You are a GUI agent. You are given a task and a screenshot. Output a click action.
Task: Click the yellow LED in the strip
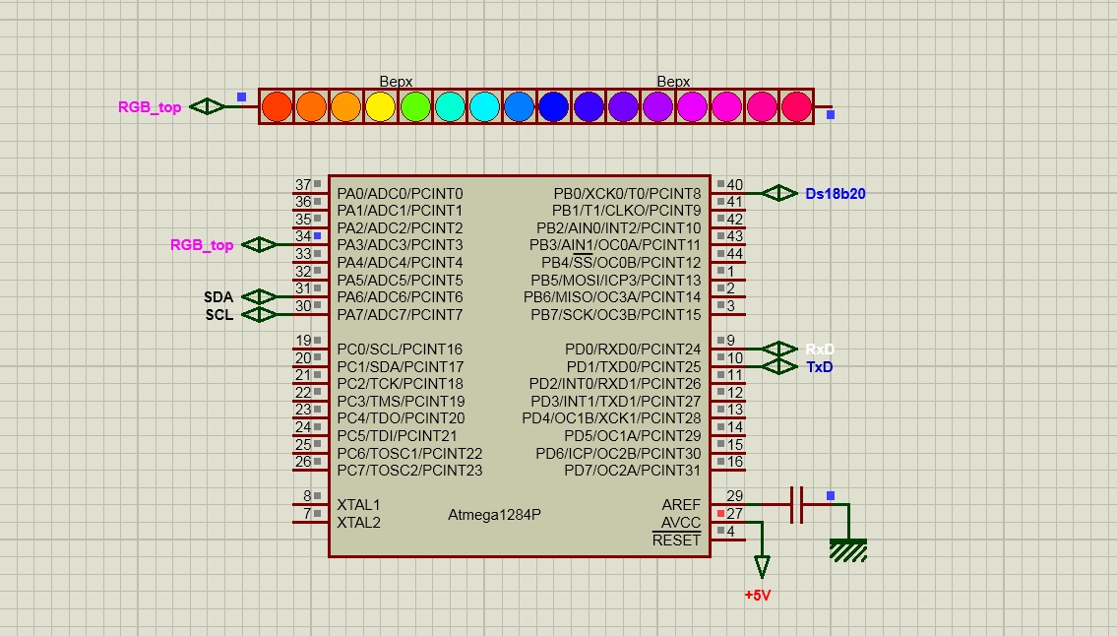[x=381, y=107]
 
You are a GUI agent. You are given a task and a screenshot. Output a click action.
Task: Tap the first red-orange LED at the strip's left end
[x=277, y=107]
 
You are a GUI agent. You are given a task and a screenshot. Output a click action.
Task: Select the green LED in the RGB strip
[x=415, y=107]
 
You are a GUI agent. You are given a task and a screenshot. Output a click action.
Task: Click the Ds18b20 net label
[x=835, y=193]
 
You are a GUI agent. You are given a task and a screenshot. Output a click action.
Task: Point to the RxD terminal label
[x=819, y=350]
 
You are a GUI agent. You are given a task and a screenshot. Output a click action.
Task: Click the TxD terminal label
[x=819, y=367]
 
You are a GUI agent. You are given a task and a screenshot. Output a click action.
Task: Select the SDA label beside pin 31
[x=218, y=297]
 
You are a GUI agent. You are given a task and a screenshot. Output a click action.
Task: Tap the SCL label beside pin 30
[x=219, y=315]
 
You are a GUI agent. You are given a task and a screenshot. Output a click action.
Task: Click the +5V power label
[x=757, y=596]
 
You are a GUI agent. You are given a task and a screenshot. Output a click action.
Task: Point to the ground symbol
[x=848, y=549]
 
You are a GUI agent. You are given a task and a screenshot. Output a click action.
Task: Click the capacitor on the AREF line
[x=797, y=505]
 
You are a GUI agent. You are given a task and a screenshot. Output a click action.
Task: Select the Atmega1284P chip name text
[x=494, y=514]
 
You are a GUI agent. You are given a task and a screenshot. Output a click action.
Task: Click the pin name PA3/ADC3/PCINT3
[x=400, y=245]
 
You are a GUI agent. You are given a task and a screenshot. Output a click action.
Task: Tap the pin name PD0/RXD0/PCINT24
[x=633, y=350]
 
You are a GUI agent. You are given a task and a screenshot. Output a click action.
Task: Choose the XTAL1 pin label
[x=358, y=505]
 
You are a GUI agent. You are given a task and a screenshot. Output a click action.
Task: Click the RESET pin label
[x=676, y=541]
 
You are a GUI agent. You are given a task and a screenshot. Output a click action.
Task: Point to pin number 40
[x=734, y=185]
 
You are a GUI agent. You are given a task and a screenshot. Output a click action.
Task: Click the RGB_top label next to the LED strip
[x=150, y=107]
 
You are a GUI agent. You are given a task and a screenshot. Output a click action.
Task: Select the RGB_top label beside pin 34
[x=202, y=245]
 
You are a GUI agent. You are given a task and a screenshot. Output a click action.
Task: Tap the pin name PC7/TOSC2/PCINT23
[x=409, y=471]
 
